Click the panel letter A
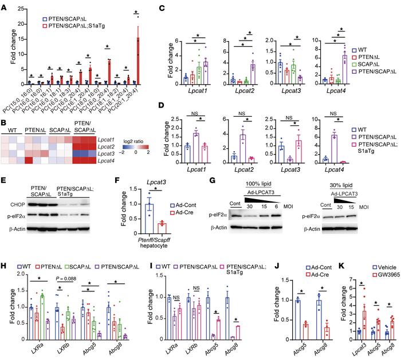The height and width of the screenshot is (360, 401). coord(5,5)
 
